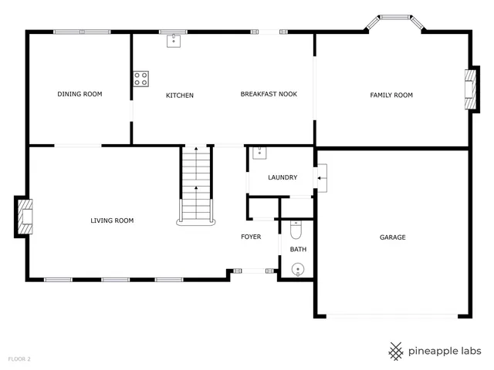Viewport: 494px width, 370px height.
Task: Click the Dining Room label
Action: [80, 94]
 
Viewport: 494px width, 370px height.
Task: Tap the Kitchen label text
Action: [180, 96]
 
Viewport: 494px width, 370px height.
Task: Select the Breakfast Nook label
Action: [269, 94]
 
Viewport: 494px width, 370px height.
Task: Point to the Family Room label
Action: [391, 95]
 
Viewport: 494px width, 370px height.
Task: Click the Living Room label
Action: [112, 220]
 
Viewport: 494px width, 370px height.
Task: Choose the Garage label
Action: [392, 237]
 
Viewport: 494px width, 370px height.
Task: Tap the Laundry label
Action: [283, 177]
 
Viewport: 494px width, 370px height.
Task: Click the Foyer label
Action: [251, 237]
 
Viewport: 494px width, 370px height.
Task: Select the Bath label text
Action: [298, 249]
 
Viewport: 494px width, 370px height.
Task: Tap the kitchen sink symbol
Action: [174, 41]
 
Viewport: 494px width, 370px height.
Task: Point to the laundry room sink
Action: [259, 151]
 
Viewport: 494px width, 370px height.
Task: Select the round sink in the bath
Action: [298, 269]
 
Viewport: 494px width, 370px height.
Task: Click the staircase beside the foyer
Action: [195, 185]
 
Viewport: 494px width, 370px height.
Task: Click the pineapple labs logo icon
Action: [396, 351]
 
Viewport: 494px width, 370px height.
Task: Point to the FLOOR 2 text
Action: [19, 359]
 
